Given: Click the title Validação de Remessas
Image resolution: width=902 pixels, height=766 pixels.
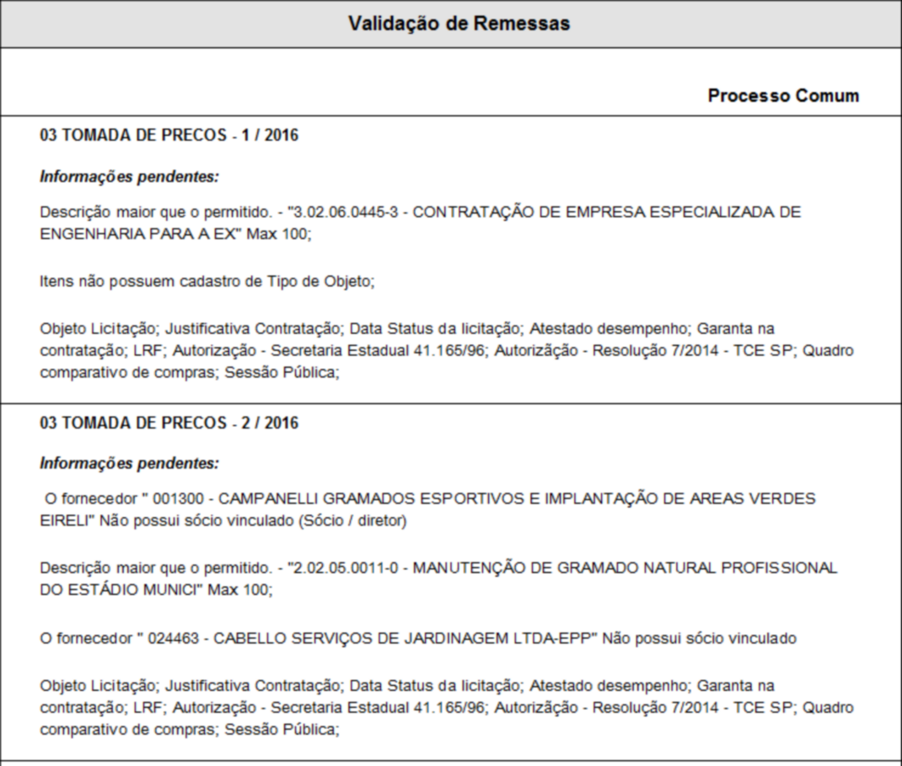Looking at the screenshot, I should (459, 24).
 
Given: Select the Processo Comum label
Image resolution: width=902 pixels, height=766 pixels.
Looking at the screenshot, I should (783, 95).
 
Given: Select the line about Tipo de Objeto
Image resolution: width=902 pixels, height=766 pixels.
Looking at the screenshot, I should (207, 282).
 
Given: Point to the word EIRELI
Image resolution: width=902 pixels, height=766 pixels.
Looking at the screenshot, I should (66, 521).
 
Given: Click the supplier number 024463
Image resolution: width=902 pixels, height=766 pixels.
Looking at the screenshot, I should (173, 639).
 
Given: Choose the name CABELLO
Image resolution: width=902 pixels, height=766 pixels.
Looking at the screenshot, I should (247, 639).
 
